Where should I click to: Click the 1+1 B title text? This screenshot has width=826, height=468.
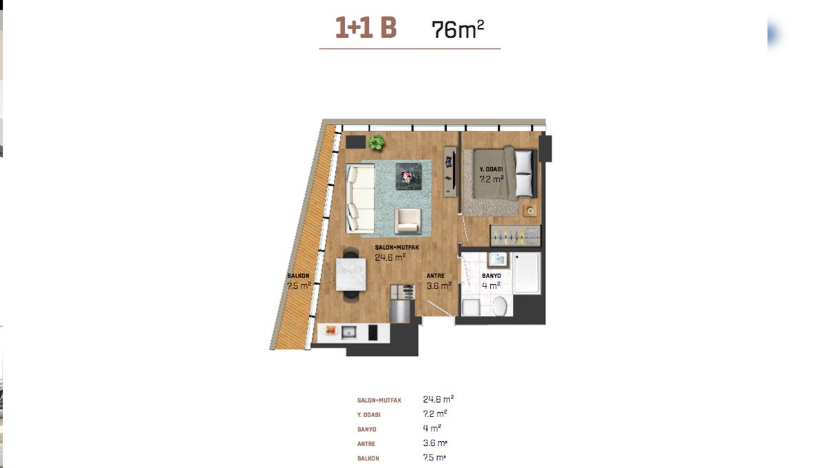(366, 28)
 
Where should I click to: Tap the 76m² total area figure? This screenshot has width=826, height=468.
(458, 29)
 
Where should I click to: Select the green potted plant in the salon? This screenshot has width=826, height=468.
(376, 142)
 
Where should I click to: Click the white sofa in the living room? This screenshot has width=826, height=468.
(360, 198)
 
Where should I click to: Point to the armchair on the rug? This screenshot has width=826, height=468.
(407, 221)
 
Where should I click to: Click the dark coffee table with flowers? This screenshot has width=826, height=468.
(409, 176)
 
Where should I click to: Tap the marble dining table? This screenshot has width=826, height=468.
(350, 275)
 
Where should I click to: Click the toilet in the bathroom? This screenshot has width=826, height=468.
(500, 306)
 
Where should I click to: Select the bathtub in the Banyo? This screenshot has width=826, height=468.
(527, 273)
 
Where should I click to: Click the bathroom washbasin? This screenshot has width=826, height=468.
(498, 259)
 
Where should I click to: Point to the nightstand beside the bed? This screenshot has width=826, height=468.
(530, 211)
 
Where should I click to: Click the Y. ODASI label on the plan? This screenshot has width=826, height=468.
(491, 169)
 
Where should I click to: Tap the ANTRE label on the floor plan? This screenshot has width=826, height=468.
(435, 276)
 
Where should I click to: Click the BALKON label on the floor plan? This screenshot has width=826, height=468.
(298, 276)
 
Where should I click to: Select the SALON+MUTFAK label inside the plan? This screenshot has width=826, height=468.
(396, 248)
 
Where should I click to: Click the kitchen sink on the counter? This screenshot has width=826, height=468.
(348, 332)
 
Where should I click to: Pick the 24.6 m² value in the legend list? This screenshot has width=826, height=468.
(438, 399)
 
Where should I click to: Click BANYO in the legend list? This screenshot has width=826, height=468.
(366, 429)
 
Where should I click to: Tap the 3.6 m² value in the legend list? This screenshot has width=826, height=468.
(435, 443)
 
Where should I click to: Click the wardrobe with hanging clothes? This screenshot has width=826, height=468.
(515, 235)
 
